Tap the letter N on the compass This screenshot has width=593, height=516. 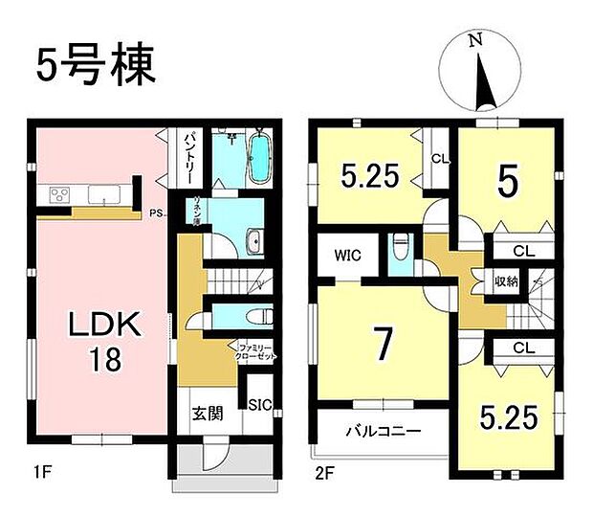tap(474, 40)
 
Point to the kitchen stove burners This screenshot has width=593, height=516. tap(57, 195)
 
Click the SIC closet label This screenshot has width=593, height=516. tap(260, 406)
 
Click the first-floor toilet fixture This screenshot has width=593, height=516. tap(255, 317)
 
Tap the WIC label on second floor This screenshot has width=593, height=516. tap(345, 256)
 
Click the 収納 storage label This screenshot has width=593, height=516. tap(505, 281)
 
